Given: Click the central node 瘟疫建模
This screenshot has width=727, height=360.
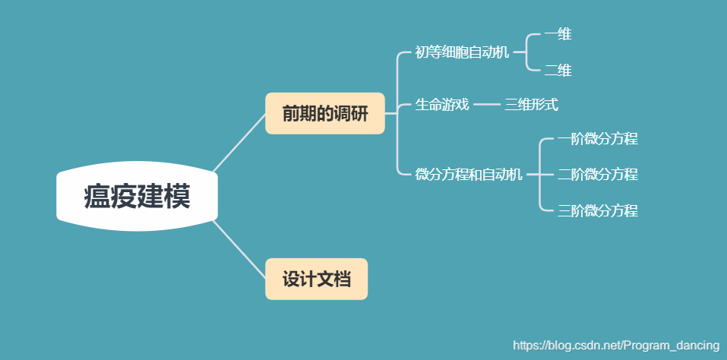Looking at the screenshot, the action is tap(137, 197).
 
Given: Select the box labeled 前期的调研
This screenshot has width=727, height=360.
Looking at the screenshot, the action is tap(324, 114).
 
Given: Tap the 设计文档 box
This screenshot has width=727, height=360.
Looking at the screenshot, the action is tap(316, 279).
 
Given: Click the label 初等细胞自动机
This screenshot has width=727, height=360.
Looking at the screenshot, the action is tap(462, 52).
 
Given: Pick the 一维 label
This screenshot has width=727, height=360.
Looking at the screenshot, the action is tap(558, 34).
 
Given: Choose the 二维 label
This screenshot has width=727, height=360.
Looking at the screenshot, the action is tap(558, 71).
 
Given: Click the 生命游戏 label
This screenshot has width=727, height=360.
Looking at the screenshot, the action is tap(442, 104).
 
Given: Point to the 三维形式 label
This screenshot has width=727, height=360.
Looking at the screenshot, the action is tap(531, 104).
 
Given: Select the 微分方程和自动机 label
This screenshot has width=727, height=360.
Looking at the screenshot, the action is tap(469, 175).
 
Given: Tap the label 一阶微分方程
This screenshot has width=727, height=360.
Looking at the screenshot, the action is tap(597, 139).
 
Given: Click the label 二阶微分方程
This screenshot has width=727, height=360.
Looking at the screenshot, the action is tap(597, 175).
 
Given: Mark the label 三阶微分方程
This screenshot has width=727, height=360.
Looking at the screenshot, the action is tap(597, 211).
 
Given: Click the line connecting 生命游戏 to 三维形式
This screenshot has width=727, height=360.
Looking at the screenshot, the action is tap(486, 104).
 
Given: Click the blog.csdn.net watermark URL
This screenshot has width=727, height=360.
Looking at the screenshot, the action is tap(616, 346).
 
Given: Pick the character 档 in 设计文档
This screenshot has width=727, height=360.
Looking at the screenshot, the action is tap(343, 279).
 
